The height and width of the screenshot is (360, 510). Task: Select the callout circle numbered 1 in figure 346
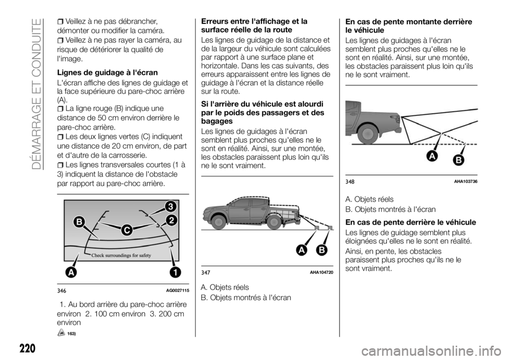(x=175, y=272)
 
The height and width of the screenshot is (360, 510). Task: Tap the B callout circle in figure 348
(x=458, y=160)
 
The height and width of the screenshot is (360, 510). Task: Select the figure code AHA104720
(x=321, y=272)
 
